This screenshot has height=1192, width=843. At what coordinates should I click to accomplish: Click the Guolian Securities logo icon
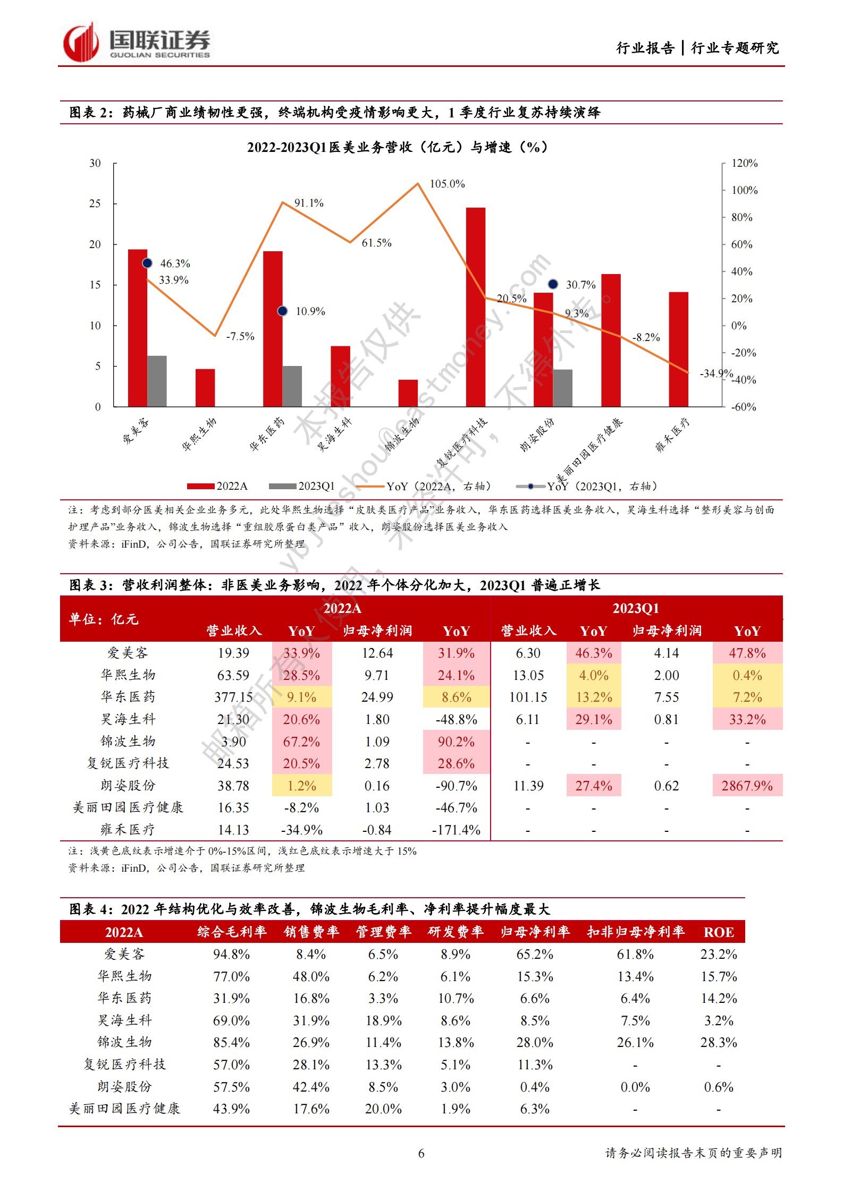tap(81, 42)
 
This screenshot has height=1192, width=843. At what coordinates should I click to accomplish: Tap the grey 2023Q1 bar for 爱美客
tap(157, 381)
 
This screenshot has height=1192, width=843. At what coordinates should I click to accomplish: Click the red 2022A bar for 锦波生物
tap(408, 393)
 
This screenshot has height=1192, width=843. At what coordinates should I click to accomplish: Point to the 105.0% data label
tap(447, 184)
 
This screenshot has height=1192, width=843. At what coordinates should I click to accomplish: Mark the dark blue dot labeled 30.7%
tap(553, 284)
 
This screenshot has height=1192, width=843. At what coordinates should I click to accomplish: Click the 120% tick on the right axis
tap(744, 163)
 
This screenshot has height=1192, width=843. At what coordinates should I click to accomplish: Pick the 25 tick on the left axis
tap(95, 203)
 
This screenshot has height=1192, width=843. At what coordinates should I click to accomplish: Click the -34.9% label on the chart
tap(715, 373)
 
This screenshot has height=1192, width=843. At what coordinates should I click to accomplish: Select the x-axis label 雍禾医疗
tap(672, 435)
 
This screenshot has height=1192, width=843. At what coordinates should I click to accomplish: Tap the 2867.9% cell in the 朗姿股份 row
tap(747, 786)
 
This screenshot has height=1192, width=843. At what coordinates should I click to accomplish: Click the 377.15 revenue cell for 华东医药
tap(233, 697)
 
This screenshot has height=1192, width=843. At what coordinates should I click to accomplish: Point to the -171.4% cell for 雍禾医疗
tap(456, 830)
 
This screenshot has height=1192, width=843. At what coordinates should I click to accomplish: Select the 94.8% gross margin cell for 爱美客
tap(231, 954)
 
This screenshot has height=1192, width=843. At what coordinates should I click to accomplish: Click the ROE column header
tap(719, 932)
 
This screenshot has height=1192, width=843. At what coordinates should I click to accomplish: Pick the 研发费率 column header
tap(456, 932)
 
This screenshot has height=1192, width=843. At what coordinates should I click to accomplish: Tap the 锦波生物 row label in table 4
tap(125, 1042)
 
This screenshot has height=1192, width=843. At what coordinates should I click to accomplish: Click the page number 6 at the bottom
tap(421, 1153)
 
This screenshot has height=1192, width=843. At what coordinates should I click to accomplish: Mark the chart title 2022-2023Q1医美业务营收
tap(397, 147)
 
